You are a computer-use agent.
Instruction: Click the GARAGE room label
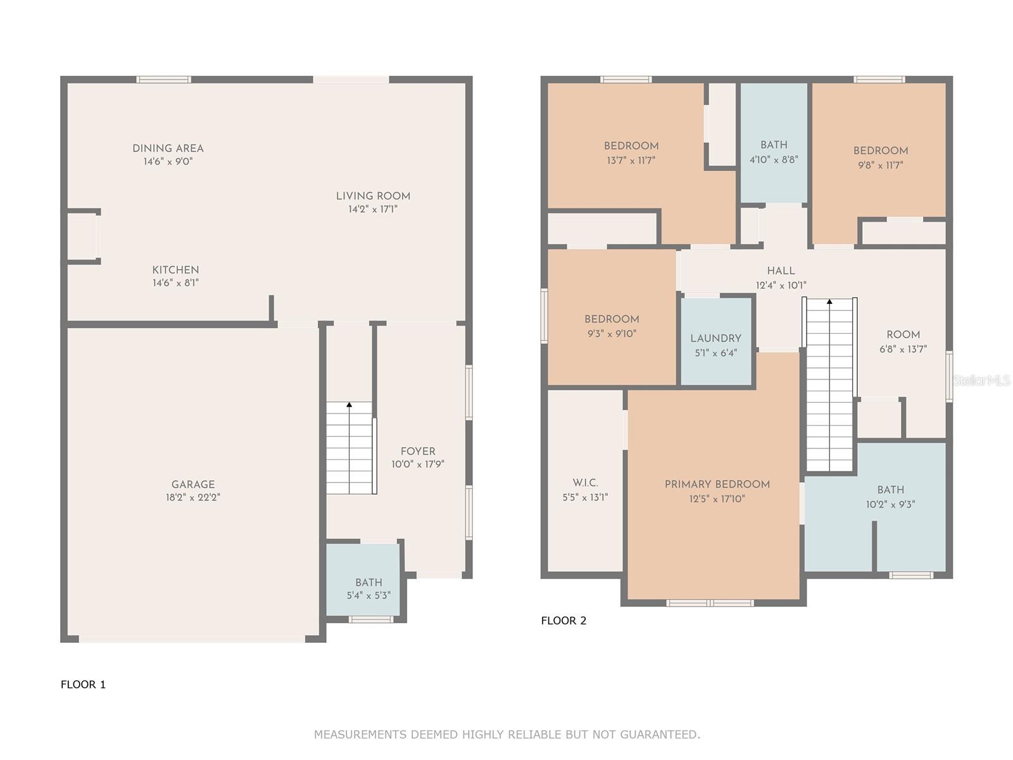[x=193, y=484]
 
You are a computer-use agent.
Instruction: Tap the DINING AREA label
[x=168, y=149]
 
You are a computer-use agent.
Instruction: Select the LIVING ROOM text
[x=373, y=196]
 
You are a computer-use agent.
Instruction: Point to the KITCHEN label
[x=175, y=270]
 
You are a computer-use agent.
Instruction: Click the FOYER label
[x=418, y=452]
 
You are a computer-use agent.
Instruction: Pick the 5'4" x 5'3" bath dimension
[x=368, y=595]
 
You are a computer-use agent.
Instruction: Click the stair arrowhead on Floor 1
[x=349, y=405]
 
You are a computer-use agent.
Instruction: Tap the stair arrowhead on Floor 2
[x=829, y=302]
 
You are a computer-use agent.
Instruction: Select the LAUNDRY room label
[x=716, y=338]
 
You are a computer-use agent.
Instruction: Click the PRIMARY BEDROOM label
[x=717, y=484]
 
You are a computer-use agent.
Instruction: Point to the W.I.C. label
[x=585, y=483]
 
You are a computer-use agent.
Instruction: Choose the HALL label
[x=781, y=271]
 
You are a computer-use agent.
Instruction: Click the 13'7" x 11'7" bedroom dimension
[x=631, y=160]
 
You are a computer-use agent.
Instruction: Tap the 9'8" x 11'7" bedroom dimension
[x=881, y=165]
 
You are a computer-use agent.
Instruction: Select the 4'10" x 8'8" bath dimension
[x=774, y=159]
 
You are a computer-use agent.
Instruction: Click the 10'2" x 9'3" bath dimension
[x=890, y=504]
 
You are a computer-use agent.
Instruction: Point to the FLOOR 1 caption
[x=83, y=685]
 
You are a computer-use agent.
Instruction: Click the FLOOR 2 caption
[x=563, y=621]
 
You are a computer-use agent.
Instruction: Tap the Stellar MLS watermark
[x=981, y=380]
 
